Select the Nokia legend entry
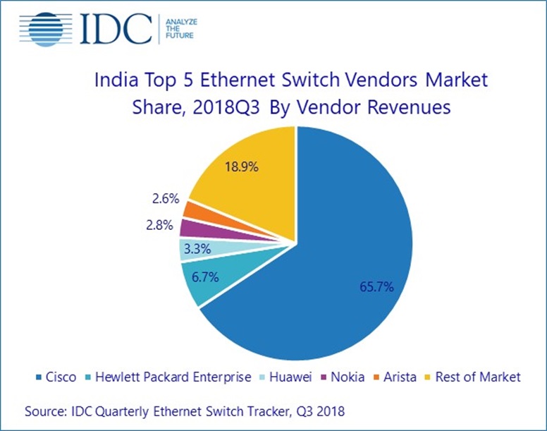click(347, 377)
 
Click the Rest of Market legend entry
click(474, 377)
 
